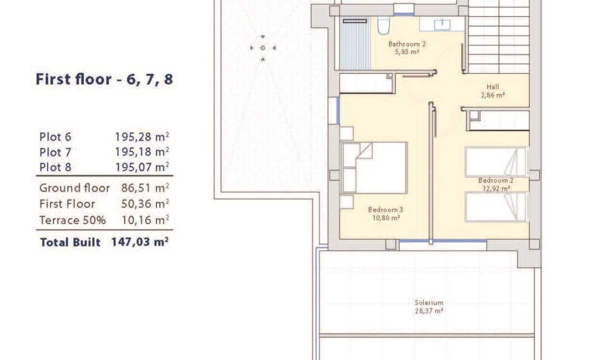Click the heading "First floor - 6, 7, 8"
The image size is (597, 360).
pyautogui.click(x=104, y=80)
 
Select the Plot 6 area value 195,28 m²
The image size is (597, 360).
pyautogui.click(x=142, y=136)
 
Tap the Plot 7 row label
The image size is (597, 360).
pyautogui.click(x=55, y=152)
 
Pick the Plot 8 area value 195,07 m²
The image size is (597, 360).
pyautogui.click(x=142, y=168)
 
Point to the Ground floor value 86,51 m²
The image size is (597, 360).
pyautogui.click(x=141, y=188)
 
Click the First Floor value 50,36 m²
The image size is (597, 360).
pyautogui.click(x=141, y=204)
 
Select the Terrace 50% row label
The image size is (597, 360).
pyautogui.click(x=72, y=220)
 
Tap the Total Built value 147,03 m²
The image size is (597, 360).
pyautogui.click(x=140, y=243)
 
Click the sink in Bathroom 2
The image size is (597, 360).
pyautogui.click(x=440, y=24)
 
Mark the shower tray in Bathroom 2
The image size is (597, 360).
pyautogui.click(x=354, y=45)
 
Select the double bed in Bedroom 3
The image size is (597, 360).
pyautogui.click(x=374, y=167)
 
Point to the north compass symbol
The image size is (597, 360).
pyautogui.click(x=262, y=48)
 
